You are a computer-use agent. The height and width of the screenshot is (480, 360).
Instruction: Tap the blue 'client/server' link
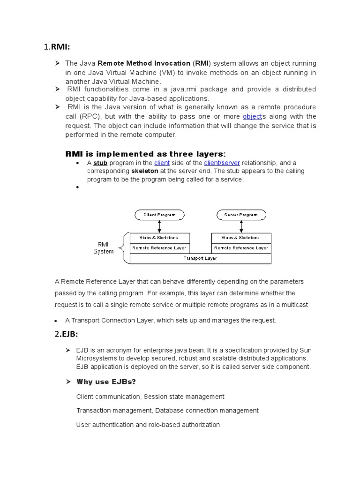click(x=222, y=163)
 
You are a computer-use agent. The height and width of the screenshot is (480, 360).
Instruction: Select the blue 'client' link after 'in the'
click(x=162, y=163)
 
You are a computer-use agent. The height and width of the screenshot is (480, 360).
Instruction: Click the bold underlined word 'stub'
click(x=100, y=163)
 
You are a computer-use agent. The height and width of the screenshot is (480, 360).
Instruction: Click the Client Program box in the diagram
click(x=159, y=215)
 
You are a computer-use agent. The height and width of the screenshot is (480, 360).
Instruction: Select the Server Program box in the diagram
click(x=241, y=215)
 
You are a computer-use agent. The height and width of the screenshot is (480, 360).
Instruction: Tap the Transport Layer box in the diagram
click(x=201, y=258)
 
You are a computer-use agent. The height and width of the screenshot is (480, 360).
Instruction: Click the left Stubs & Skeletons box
click(x=159, y=238)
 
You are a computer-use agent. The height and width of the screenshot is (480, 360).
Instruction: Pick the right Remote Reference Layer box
click(x=241, y=247)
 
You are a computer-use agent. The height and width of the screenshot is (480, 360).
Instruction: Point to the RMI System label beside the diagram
click(x=104, y=248)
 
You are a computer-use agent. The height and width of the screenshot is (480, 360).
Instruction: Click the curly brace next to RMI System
click(x=123, y=248)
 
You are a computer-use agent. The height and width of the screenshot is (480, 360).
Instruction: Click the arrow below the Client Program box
click(x=159, y=226)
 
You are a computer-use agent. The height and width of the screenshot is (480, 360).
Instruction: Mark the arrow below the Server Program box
click(x=241, y=226)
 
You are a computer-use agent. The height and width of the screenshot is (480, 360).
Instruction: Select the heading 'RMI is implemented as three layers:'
click(x=145, y=154)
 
